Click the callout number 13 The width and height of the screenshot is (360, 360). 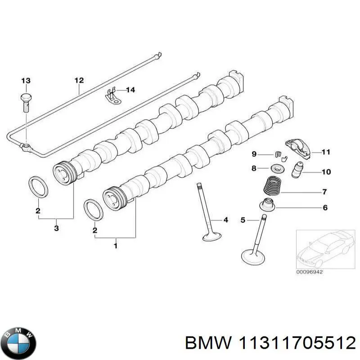26,81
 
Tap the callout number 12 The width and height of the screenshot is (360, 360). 79,81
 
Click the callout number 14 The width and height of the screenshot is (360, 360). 130,90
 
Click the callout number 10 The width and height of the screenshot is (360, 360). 326,172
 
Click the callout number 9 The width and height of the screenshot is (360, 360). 254,154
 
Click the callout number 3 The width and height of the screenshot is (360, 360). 56,229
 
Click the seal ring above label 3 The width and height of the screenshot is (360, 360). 37,187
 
